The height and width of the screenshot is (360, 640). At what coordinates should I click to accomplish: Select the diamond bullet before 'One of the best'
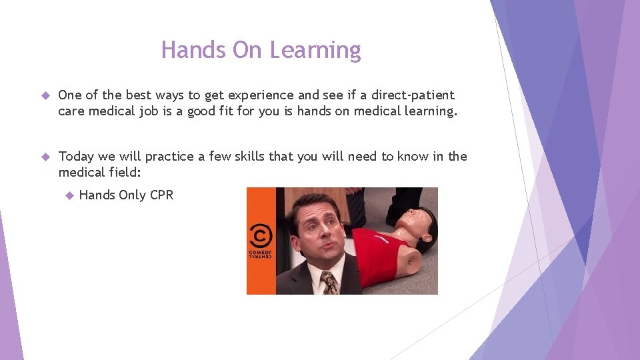(46, 95)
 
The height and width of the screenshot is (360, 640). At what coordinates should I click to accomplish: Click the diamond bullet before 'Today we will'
(46, 157)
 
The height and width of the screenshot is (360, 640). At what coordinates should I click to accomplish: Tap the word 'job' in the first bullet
(167, 111)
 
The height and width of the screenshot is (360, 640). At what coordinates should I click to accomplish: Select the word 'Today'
(76, 157)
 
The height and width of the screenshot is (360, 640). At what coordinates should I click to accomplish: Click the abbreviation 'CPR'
(161, 195)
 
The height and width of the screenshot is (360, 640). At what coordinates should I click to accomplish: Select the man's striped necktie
(329, 283)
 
